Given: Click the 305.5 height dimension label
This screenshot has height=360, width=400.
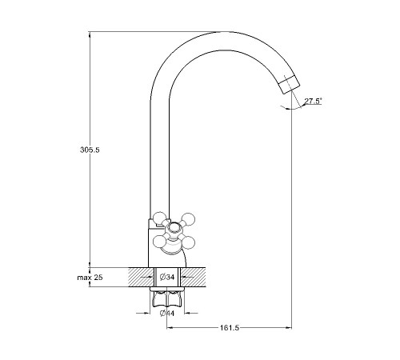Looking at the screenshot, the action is pyautogui.click(x=90, y=150).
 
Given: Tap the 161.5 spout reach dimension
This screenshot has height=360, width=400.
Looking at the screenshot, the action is pyautogui.click(x=230, y=328).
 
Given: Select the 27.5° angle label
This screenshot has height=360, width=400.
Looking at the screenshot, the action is pyautogui.click(x=313, y=101).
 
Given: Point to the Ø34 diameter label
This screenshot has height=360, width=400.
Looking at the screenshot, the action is pyautogui.click(x=167, y=278).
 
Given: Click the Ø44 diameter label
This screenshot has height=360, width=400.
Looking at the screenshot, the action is pyautogui.click(x=167, y=314).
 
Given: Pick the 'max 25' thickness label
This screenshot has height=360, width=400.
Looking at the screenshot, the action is pyautogui.click(x=90, y=278).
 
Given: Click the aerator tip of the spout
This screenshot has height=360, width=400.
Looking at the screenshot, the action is pyautogui.click(x=290, y=84).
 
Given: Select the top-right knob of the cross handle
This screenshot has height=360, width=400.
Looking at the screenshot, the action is pyautogui.click(x=189, y=218).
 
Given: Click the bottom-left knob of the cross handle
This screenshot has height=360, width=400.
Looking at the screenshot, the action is pyautogui.click(x=159, y=241).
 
